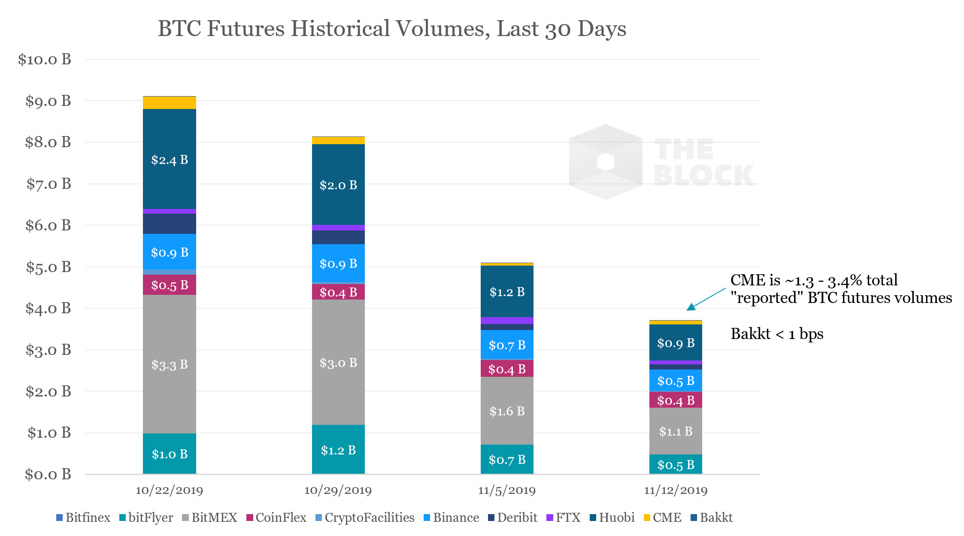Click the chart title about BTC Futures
point(392,29)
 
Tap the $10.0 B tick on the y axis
point(45,59)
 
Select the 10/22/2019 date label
point(169,490)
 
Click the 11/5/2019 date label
point(506,490)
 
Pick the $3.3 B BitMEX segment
point(170,364)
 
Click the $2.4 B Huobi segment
point(170,160)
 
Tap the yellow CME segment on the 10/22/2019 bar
point(170,103)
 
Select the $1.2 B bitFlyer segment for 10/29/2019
point(338,450)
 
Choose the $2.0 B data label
point(338,185)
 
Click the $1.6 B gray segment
point(507,411)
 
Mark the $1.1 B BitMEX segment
point(676,431)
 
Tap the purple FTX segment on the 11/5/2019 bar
point(507,321)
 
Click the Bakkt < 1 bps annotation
point(777,334)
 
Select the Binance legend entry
point(451,518)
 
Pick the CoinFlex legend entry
point(276,518)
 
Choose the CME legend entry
point(663,518)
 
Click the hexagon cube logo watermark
point(606,162)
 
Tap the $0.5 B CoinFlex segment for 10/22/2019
point(170,285)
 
